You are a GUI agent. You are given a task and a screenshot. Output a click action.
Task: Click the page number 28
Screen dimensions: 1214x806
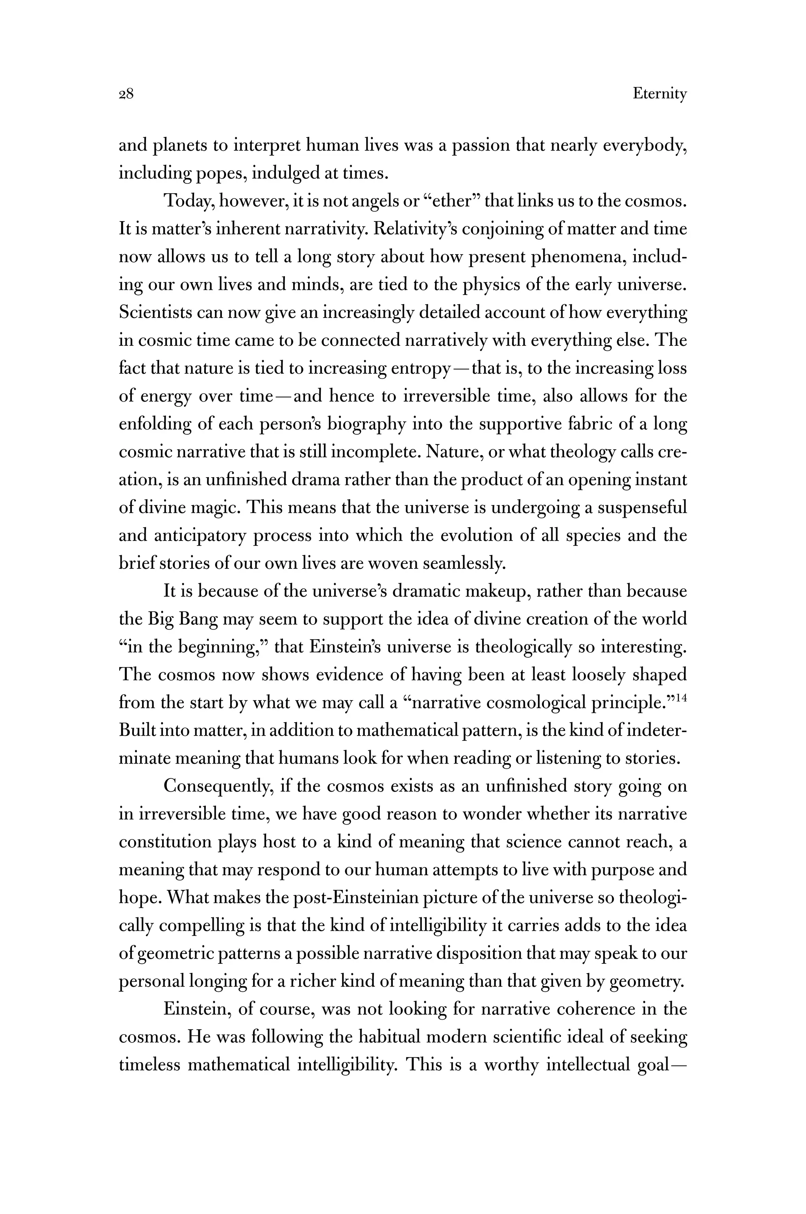[x=126, y=94]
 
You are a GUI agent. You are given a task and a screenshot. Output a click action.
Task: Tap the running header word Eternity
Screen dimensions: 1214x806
[x=660, y=94]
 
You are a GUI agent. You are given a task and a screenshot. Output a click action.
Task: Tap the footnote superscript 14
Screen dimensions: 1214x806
[x=682, y=697]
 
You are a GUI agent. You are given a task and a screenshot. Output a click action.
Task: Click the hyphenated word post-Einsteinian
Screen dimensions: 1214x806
[x=370, y=898]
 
